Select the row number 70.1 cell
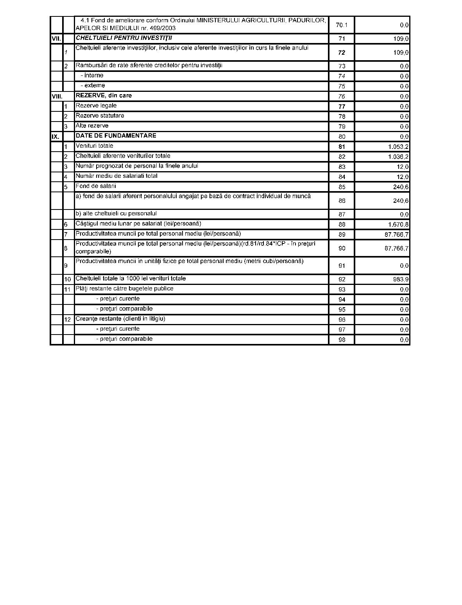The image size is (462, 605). (x=341, y=25)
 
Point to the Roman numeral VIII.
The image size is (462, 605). (x=57, y=96)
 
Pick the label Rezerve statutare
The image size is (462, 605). (x=100, y=116)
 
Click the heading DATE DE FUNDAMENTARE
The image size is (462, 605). (x=116, y=136)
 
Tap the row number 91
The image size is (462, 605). (x=342, y=266)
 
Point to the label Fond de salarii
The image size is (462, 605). (x=96, y=186)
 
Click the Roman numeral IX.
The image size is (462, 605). (x=56, y=137)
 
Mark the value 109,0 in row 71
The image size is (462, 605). (x=401, y=39)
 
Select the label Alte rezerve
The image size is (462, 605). (x=92, y=125)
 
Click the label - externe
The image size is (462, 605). (x=93, y=85)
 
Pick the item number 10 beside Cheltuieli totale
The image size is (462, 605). (x=68, y=279)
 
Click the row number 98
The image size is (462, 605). (x=342, y=340)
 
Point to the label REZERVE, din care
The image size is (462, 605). (x=104, y=95)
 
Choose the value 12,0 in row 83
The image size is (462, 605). (x=403, y=167)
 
